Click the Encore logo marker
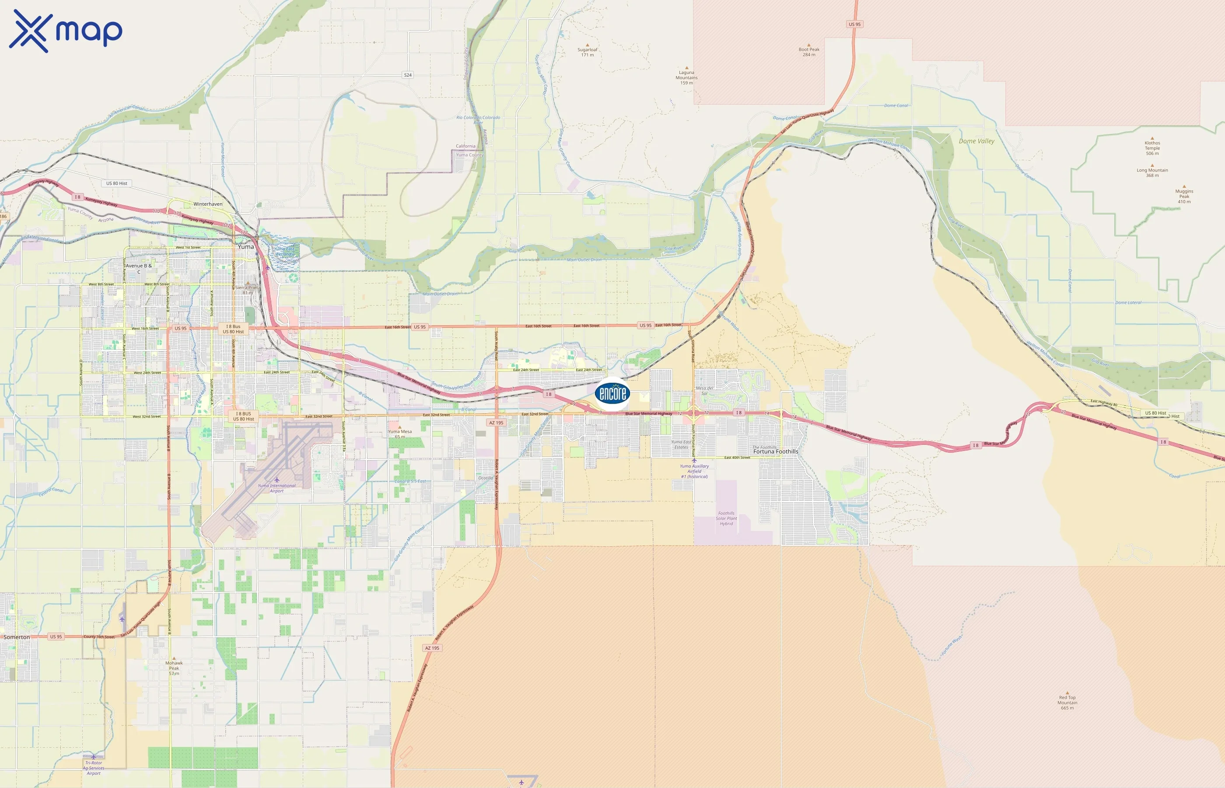point(612,393)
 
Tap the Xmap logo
point(66,31)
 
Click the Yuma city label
point(245,246)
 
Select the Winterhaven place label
point(207,204)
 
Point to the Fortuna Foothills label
point(776,451)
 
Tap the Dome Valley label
point(976,141)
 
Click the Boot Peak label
point(809,52)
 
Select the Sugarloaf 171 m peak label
point(588,52)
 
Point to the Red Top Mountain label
point(1067,702)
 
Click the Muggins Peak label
point(1184,196)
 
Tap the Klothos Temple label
point(1152,148)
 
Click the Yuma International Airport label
point(276,488)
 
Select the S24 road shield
point(407,75)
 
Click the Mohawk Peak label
point(174,668)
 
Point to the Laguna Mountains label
point(686,77)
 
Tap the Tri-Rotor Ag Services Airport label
point(93,767)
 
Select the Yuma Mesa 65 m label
point(400,433)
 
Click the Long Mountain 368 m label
point(1152,172)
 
